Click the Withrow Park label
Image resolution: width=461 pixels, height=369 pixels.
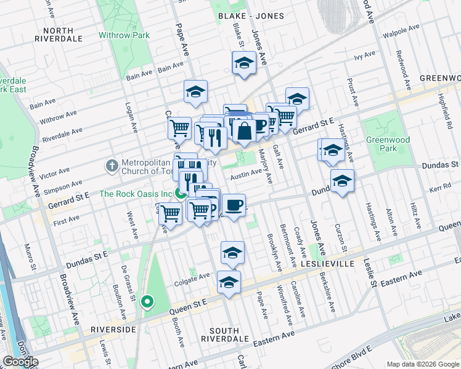124,35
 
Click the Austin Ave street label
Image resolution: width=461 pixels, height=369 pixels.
246,176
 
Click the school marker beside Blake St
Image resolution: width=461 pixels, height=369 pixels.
244,63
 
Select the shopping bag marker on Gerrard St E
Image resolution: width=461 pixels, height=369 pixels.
244,130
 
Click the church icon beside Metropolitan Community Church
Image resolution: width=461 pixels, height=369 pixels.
112,165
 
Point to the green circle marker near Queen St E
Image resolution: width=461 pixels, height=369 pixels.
147,301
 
